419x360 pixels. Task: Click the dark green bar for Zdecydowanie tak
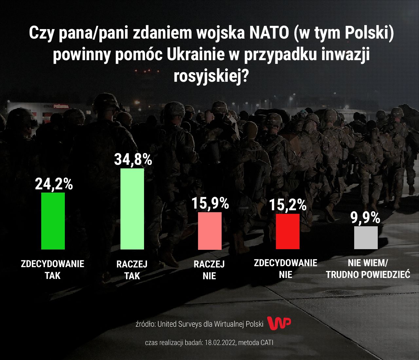tap(53, 221)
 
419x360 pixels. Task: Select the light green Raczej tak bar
tap(132, 209)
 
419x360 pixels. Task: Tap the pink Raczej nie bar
tap(209, 231)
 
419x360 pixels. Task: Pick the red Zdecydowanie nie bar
tap(288, 231)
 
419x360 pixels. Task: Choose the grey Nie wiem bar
tap(366, 237)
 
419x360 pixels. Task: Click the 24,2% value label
tap(54, 184)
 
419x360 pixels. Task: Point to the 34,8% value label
tap(133, 160)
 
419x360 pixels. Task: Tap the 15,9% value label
tap(210, 203)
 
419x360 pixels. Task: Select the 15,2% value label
tap(288, 205)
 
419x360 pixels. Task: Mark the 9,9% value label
tap(366, 218)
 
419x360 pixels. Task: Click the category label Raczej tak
tap(132, 270)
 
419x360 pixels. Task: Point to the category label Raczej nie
tap(209, 270)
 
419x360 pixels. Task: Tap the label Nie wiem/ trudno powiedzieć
tap(368, 268)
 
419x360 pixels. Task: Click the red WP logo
tap(279, 323)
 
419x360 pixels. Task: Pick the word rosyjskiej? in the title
tap(211, 76)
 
